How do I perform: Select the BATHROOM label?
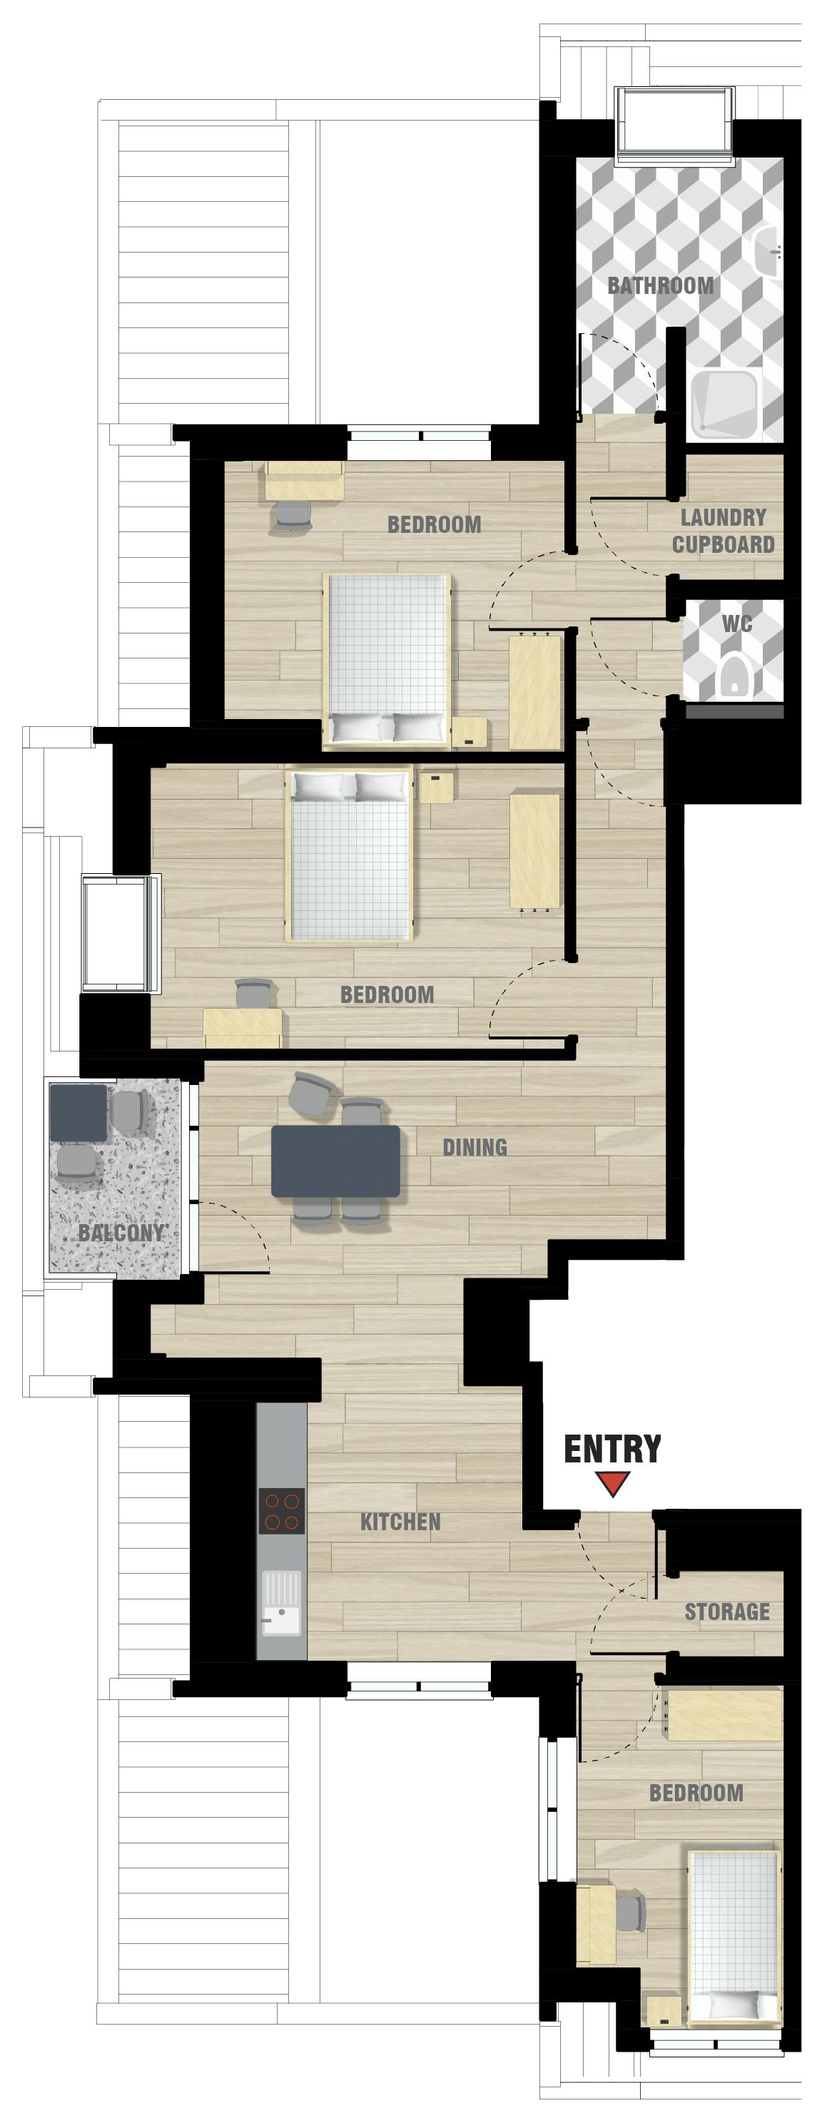661,286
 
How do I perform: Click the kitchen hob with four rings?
281,1511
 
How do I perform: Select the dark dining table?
335,1161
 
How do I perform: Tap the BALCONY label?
121,1233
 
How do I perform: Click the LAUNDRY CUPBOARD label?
723,531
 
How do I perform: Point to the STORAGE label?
726,1612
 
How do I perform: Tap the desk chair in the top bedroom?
293,514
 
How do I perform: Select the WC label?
737,624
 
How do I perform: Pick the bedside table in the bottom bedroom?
664,2010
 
